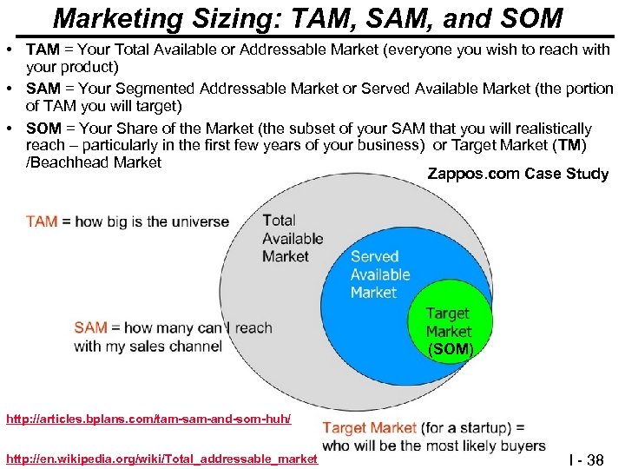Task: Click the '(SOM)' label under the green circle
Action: tap(450, 350)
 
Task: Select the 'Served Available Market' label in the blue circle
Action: tap(379, 274)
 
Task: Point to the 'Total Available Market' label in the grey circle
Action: tap(292, 238)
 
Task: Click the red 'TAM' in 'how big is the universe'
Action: tap(42, 221)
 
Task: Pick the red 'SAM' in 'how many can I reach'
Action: tap(90, 327)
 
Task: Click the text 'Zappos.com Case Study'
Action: tap(518, 174)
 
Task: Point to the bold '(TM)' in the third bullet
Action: tap(571, 144)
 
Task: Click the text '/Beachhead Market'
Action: tap(94, 162)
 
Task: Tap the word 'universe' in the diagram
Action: tap(200, 221)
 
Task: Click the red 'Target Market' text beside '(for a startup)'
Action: tap(368, 427)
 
